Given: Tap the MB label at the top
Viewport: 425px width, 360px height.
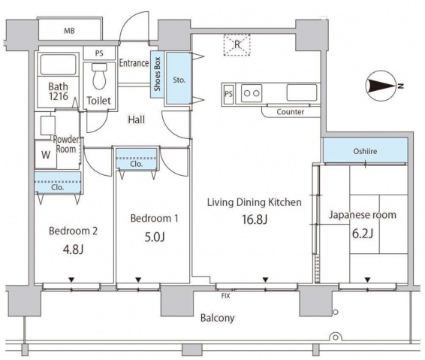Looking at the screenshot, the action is (x=69, y=31).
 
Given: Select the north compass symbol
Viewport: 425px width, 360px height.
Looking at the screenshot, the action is (x=383, y=86).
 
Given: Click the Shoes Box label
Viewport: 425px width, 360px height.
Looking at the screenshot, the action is (x=157, y=74).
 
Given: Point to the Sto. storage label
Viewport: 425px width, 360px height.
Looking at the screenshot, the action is (x=179, y=80).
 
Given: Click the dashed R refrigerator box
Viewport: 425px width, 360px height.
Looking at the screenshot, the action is (x=237, y=45).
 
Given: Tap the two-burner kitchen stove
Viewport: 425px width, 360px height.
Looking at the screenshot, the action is (x=252, y=93).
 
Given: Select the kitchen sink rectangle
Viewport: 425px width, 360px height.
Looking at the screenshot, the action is (x=302, y=92).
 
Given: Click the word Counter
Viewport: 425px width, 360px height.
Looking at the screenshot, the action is (x=291, y=112).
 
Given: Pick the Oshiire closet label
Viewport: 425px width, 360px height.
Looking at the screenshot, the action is (x=365, y=151).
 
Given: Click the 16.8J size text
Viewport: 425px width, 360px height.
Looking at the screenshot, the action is (x=255, y=219).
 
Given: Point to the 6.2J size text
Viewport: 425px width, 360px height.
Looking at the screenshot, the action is (x=363, y=233).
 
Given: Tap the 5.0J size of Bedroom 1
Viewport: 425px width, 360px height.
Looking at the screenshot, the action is (x=155, y=237).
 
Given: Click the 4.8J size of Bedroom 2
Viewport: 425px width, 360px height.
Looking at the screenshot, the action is (x=73, y=250).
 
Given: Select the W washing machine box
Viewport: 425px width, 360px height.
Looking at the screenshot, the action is (x=46, y=155).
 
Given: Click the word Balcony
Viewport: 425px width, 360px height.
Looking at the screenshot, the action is (x=217, y=318).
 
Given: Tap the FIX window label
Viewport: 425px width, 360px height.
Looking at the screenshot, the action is (x=225, y=296).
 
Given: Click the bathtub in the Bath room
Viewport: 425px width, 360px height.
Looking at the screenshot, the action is (x=58, y=65).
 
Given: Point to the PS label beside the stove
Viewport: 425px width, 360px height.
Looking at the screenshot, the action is (x=228, y=94).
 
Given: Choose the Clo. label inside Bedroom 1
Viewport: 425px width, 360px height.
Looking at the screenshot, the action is (x=136, y=164).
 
